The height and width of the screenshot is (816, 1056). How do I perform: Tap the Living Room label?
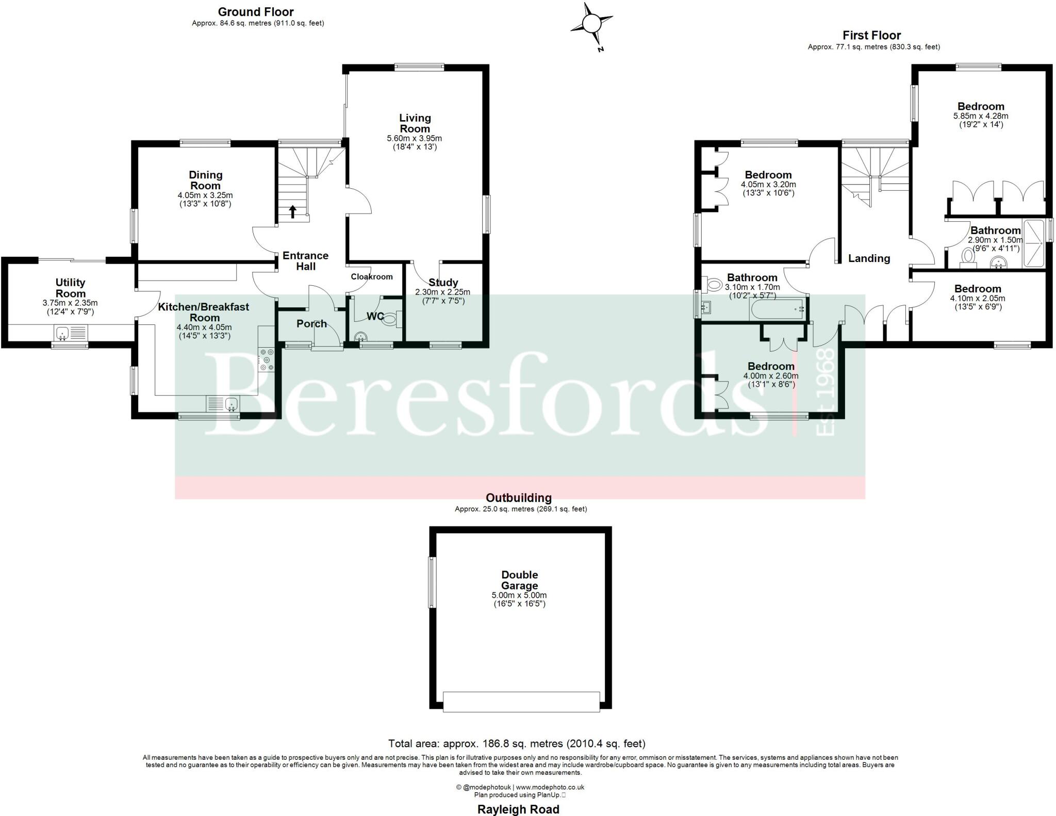pyautogui.click(x=415, y=123)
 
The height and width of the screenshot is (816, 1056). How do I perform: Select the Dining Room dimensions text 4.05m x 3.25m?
pyautogui.click(x=205, y=195)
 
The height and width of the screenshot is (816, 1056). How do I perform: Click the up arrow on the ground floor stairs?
pyautogui.click(x=292, y=211)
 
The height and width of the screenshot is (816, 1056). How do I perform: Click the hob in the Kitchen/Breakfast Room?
pyautogui.click(x=267, y=360)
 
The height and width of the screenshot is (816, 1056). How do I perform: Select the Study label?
pyautogui.click(x=443, y=282)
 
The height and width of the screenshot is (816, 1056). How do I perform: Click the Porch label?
pyautogui.click(x=311, y=323)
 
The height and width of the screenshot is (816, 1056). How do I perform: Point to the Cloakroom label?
pyautogui.click(x=372, y=276)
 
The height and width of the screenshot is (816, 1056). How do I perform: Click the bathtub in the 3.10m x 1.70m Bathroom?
pyautogui.click(x=777, y=309)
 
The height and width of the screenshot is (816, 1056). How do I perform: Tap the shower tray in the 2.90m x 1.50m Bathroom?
pyautogui.click(x=1033, y=243)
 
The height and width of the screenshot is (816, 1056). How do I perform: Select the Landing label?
pyautogui.click(x=869, y=258)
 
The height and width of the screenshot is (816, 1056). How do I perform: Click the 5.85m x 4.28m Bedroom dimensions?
pyautogui.click(x=981, y=116)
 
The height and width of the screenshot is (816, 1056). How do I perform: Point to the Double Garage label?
pyautogui.click(x=519, y=580)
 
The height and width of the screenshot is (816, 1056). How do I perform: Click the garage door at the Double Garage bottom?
pyautogui.click(x=521, y=701)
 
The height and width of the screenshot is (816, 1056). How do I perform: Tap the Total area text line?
pyautogui.click(x=517, y=743)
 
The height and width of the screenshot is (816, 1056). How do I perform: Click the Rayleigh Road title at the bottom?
pyautogui.click(x=518, y=809)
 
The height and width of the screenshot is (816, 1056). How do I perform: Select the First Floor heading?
pyautogui.click(x=871, y=36)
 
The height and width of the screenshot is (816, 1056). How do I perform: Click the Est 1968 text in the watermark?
pyautogui.click(x=826, y=392)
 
